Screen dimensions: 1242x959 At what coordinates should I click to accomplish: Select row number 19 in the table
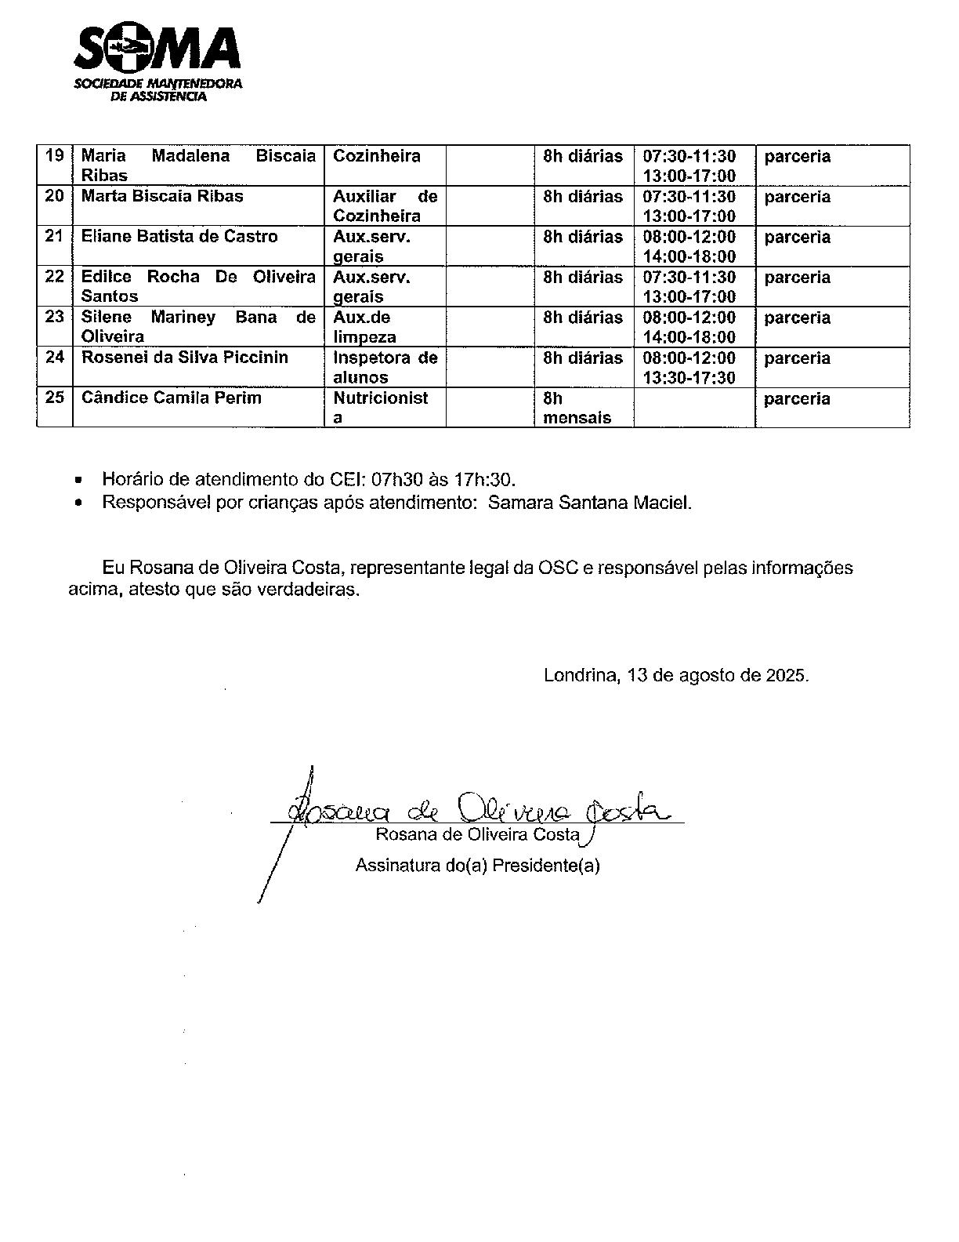coord(54,155)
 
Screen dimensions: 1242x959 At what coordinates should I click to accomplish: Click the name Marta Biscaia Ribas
coord(162,196)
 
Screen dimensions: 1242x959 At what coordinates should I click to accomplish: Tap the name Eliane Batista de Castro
coord(179,236)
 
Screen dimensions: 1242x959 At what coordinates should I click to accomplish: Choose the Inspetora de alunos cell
coord(385,367)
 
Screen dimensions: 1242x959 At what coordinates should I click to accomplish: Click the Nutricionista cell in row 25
coord(381,407)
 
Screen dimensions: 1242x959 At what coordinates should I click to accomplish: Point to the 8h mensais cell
coord(577,408)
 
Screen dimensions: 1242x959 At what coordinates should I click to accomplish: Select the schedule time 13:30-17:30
coord(689,378)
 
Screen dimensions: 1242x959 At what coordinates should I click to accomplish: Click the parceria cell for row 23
coord(797,318)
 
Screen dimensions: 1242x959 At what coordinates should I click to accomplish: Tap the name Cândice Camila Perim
coord(172,398)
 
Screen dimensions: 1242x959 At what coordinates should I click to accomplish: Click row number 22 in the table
coord(54,277)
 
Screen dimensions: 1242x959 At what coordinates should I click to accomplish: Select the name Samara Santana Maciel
coord(589,503)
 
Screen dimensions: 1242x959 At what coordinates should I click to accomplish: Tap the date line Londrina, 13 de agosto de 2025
coord(676,675)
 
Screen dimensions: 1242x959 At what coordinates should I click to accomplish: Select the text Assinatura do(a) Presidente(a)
coord(478,866)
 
